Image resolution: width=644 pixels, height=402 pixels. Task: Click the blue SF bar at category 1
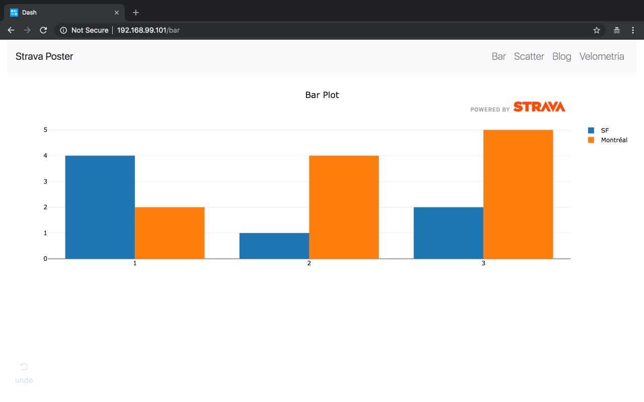pos(100,207)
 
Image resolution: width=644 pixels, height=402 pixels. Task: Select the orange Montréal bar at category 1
pos(170,233)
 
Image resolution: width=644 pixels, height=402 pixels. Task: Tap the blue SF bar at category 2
pos(274,246)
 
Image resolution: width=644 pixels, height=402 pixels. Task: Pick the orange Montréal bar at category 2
pos(344,207)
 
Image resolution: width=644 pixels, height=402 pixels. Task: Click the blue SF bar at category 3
pos(448,233)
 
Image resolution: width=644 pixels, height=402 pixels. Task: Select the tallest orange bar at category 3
pos(518,194)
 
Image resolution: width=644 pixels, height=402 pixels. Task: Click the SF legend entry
pos(604,130)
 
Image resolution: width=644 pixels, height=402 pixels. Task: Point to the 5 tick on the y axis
pos(45,130)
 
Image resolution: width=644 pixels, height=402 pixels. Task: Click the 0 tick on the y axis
pos(45,259)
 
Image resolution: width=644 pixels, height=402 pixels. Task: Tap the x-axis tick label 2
pos(309,263)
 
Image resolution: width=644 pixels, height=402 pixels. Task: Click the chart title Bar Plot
pos(322,95)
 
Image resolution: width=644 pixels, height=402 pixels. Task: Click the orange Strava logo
pos(539,107)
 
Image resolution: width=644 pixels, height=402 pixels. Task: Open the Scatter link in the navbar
pos(529,56)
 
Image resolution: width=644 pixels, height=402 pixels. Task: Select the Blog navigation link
pos(561,56)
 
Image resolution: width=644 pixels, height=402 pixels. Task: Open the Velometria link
pos(602,56)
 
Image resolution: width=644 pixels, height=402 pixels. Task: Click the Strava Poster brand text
pos(44,56)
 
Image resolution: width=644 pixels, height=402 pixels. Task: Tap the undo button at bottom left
pos(24,373)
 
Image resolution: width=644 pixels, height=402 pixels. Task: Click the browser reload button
pos(43,30)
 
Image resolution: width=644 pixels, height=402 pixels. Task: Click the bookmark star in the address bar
pos(597,30)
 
